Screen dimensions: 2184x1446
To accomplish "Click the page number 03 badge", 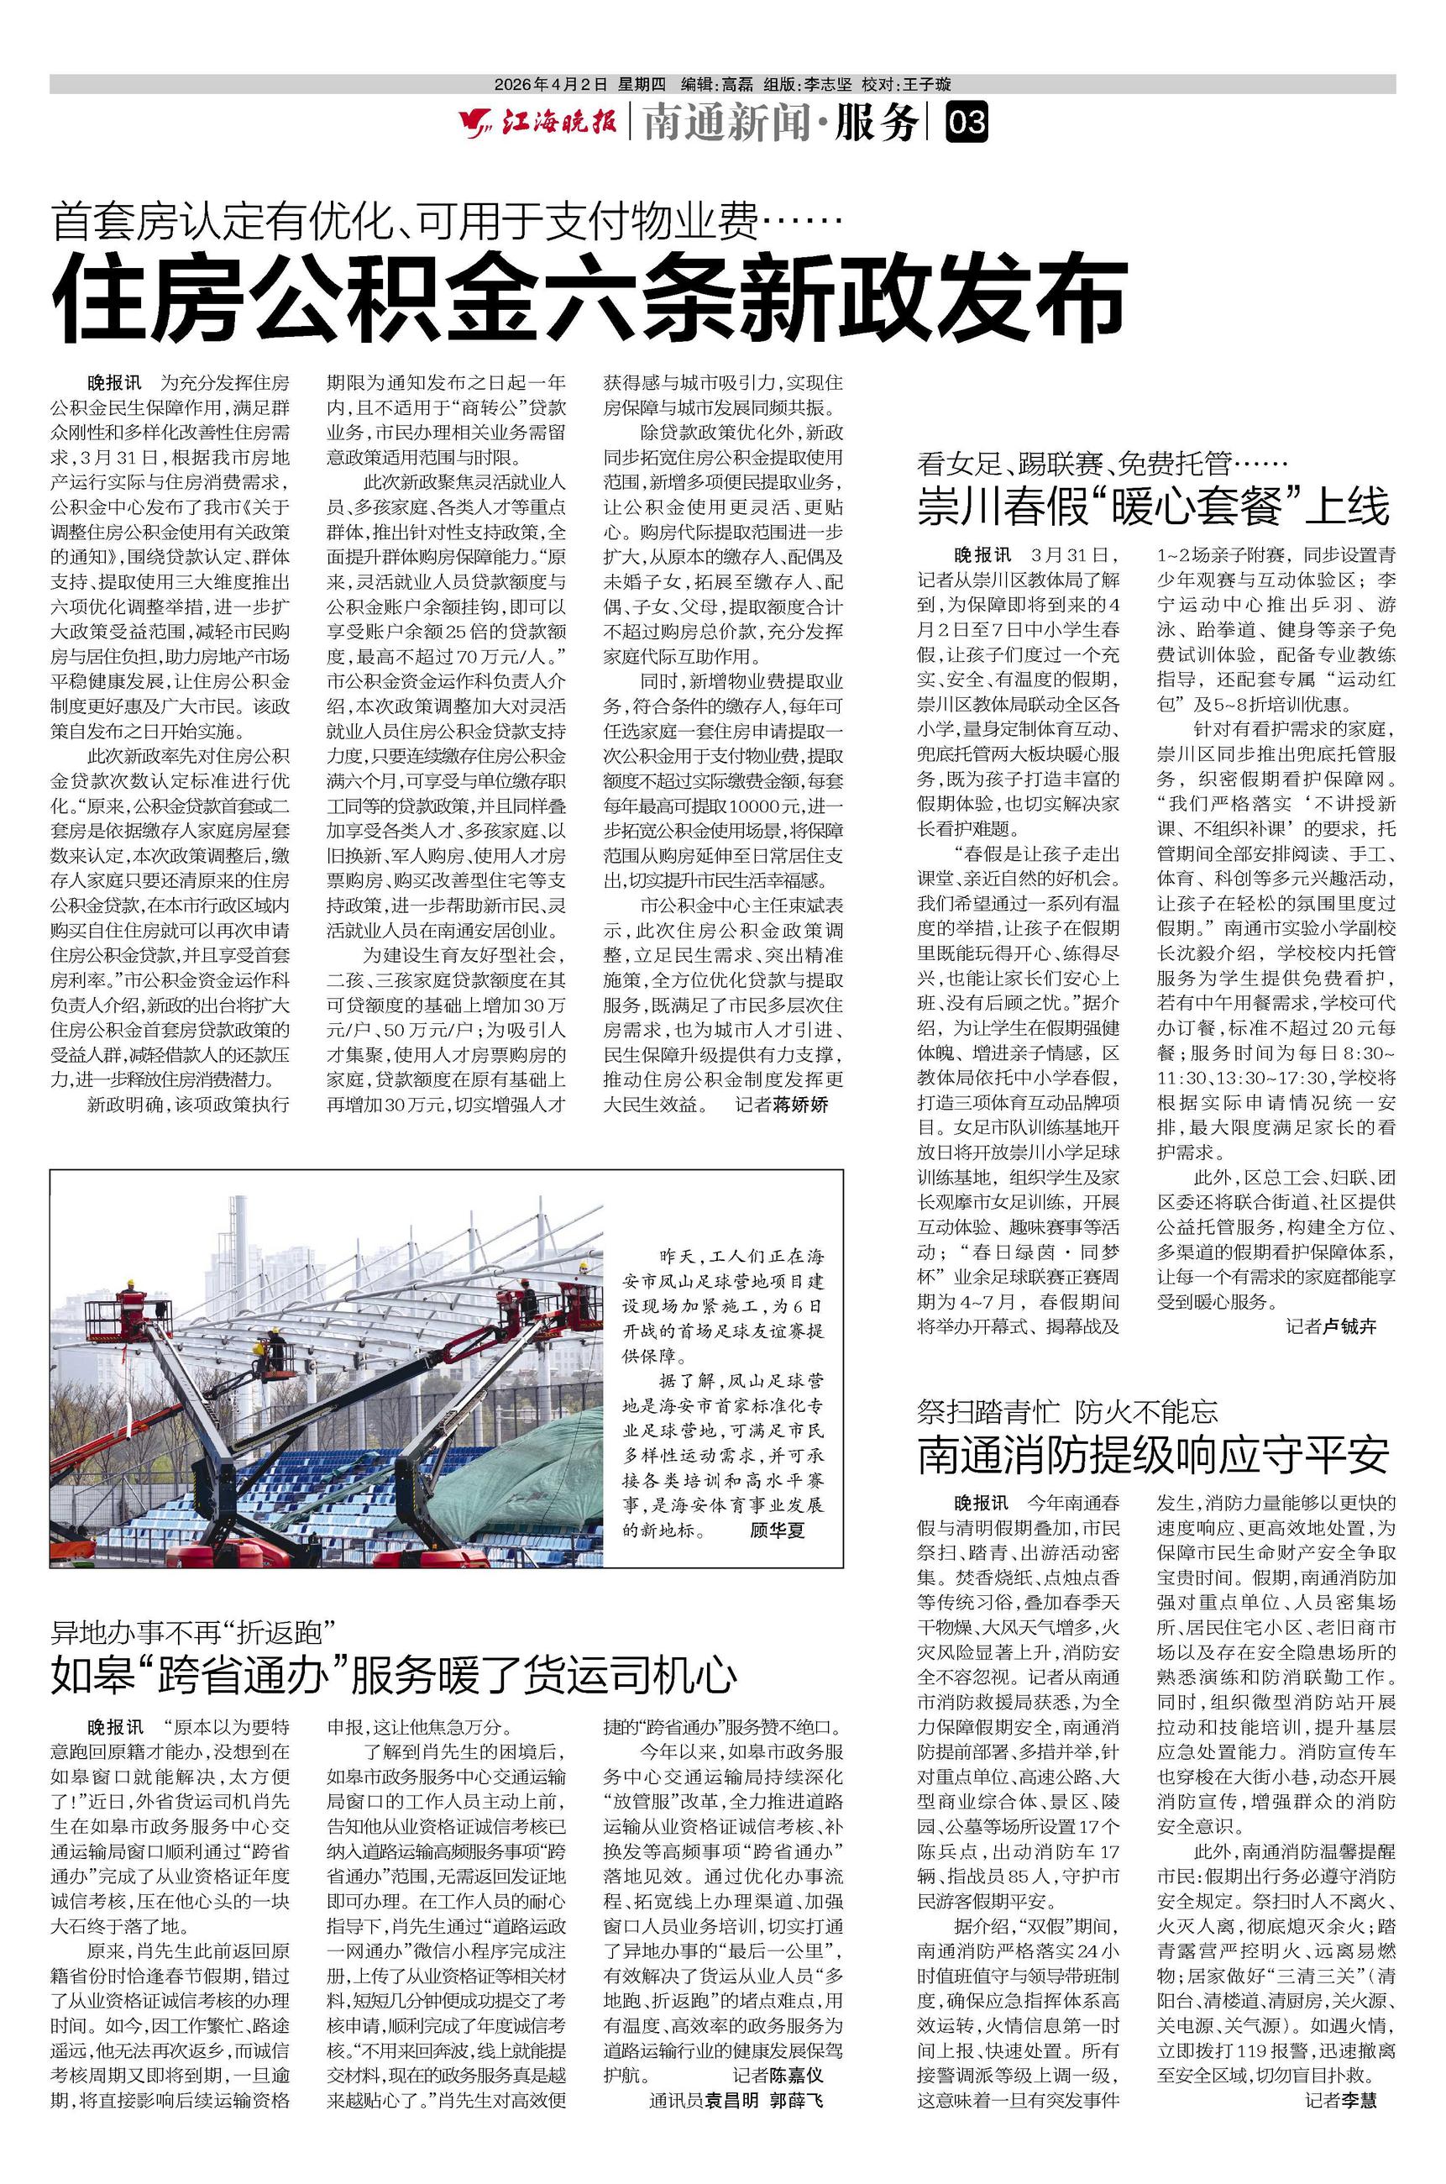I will click(967, 123).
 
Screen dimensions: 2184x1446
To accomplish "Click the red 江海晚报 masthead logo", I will click(538, 123).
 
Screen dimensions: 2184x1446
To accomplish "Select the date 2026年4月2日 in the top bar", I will click(551, 84).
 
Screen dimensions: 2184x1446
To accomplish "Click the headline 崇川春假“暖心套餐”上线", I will click(1153, 507).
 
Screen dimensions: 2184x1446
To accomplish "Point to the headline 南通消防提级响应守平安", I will click(1153, 1455).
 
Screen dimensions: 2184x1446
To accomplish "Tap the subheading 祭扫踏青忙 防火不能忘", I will click(1067, 1410).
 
